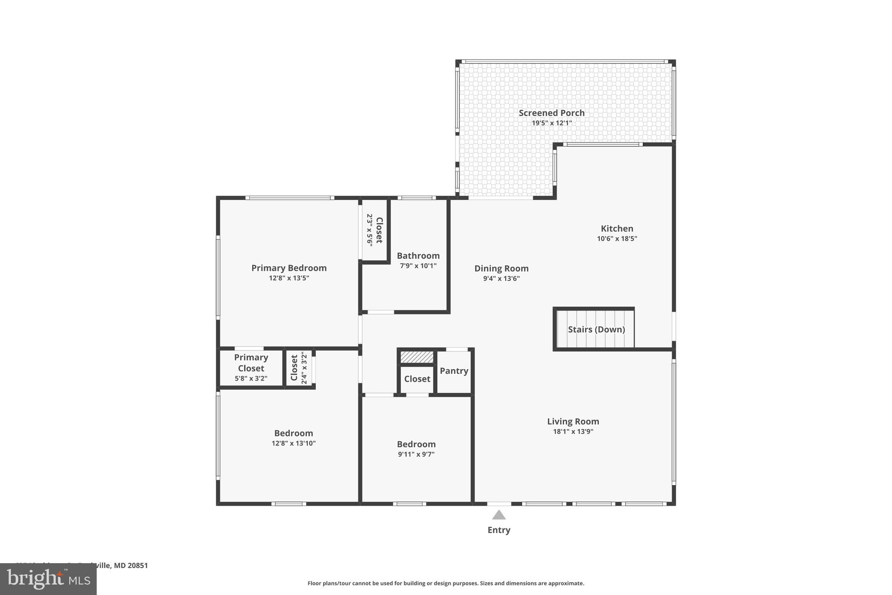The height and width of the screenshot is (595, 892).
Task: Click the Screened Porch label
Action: (x=551, y=113)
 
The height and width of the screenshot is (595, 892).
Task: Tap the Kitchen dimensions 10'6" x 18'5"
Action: (x=617, y=239)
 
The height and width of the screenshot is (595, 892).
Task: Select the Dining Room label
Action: (x=501, y=269)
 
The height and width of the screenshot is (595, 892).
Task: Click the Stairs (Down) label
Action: (x=596, y=330)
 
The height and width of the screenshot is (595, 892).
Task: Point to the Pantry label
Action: (x=454, y=371)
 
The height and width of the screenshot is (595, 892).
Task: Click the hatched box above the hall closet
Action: (x=417, y=357)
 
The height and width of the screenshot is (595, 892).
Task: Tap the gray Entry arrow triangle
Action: (x=499, y=515)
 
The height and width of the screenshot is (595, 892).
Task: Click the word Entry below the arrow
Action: (x=499, y=530)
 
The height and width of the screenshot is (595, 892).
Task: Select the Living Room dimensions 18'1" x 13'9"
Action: (x=573, y=432)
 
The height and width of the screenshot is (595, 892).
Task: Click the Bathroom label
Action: (x=418, y=256)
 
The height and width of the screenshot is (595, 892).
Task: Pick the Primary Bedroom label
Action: (x=289, y=268)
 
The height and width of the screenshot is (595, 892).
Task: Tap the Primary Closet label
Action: (x=251, y=363)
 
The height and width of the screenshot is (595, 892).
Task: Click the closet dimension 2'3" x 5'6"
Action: (x=369, y=230)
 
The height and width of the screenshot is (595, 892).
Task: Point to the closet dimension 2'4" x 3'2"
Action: (x=304, y=368)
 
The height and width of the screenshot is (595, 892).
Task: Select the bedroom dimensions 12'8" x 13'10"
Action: (x=294, y=443)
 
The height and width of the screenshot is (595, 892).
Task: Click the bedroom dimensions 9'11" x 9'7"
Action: (x=416, y=454)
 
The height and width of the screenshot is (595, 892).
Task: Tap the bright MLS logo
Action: (x=48, y=579)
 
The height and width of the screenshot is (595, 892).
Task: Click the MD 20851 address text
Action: (x=131, y=565)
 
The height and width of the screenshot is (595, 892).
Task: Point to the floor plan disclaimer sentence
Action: (x=446, y=583)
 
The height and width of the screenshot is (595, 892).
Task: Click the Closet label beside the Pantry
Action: (x=417, y=379)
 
